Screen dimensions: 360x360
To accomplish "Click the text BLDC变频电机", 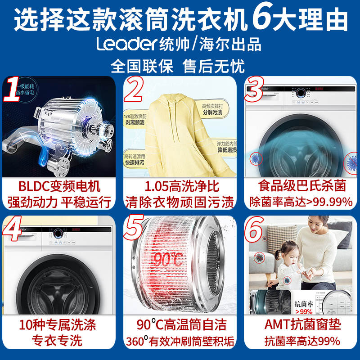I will (x=59, y=186).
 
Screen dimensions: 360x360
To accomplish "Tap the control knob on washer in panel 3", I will (x=300, y=93).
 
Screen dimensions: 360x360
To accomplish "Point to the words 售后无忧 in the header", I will (x=214, y=67).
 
